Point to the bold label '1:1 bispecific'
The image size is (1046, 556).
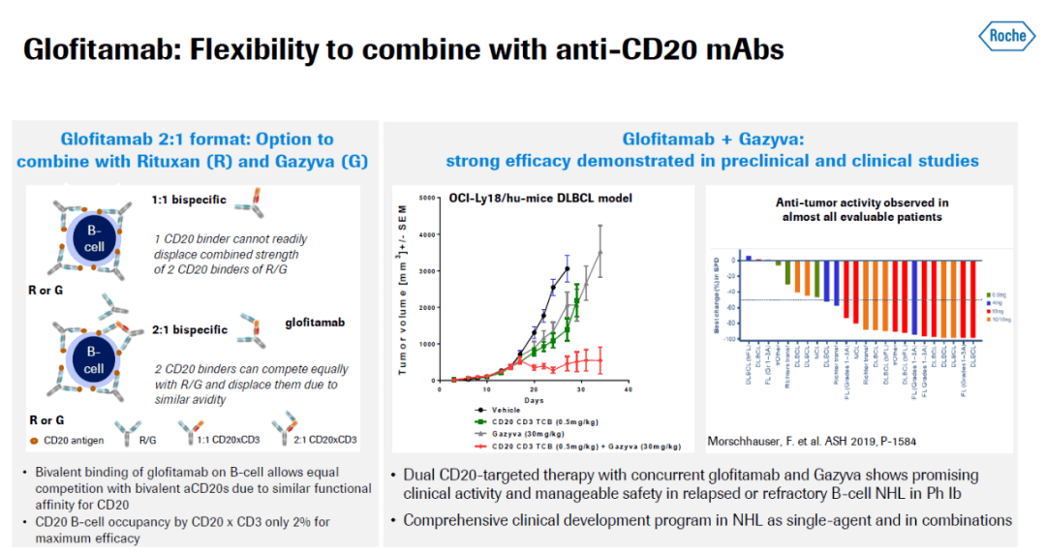click(x=189, y=201)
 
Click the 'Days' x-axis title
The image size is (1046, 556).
click(x=534, y=399)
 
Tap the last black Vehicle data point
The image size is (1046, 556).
click(x=567, y=268)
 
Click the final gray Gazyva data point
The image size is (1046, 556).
click(x=600, y=252)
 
